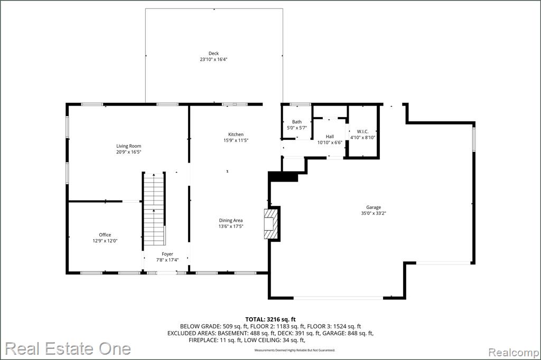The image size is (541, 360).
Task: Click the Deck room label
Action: [213, 53]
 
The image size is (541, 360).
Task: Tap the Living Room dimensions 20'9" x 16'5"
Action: [129, 151]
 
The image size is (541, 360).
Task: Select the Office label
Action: [105, 235]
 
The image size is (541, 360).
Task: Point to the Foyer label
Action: [167, 254]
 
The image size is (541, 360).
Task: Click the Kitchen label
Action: [236, 135]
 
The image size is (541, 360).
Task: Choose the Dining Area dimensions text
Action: [231, 226]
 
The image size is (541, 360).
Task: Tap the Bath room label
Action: [297, 122]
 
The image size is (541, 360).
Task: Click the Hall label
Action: [330, 137]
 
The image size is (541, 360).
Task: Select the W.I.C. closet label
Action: [362, 131]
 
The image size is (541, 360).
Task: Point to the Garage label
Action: [374, 207]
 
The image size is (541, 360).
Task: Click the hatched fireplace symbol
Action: [270, 223]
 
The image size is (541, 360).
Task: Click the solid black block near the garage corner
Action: [283, 176]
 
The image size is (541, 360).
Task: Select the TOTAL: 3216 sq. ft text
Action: [270, 319]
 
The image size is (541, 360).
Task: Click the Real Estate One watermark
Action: [68, 348]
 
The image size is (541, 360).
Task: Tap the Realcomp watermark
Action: [514, 353]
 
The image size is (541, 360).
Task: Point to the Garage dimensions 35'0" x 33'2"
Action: [374, 213]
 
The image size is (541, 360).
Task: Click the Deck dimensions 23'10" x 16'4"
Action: [213, 59]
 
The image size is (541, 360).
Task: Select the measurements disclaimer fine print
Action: [295, 350]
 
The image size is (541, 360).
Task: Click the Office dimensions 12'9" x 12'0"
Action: [105, 241]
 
